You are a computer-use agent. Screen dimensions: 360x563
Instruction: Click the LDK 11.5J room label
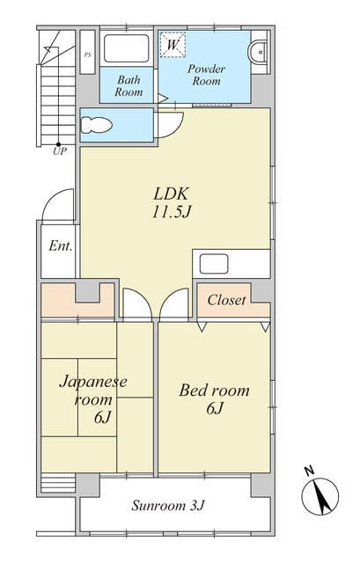tap(171, 202)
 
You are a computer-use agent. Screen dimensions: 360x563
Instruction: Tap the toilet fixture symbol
tap(96, 125)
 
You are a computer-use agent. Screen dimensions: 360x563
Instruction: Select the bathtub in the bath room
tap(127, 48)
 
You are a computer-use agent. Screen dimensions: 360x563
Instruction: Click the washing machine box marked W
tap(173, 45)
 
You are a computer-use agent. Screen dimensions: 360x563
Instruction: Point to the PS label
tap(87, 55)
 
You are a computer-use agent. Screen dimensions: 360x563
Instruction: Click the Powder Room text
tap(206, 75)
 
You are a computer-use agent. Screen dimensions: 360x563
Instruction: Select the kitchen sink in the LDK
tap(214, 264)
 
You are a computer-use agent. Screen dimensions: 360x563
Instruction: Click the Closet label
tap(227, 300)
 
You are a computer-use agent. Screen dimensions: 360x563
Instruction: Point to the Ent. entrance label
tap(61, 246)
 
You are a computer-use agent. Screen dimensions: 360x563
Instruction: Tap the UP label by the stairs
tap(60, 151)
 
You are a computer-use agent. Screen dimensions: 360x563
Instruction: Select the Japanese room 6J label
tap(93, 398)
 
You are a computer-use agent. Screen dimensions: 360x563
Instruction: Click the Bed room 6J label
tap(215, 398)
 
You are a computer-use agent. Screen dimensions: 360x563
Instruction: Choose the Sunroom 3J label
tap(168, 506)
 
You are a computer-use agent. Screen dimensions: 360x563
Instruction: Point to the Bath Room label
tap(129, 86)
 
